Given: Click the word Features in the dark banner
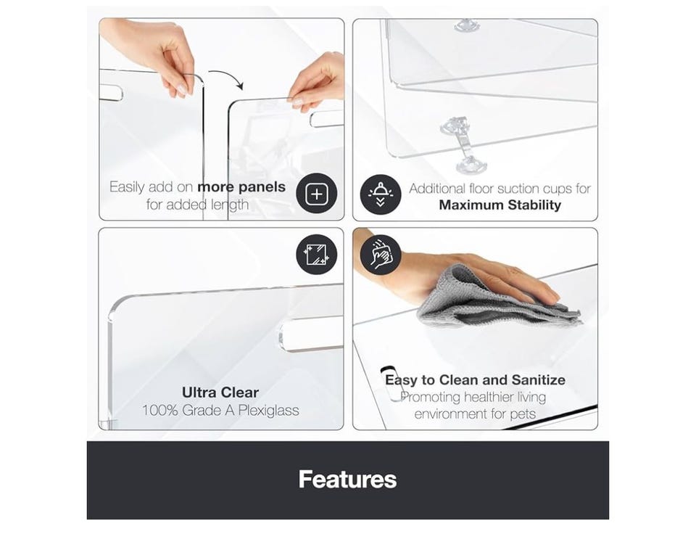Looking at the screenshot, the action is [347, 480].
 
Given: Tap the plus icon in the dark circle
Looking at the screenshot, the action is [317, 194].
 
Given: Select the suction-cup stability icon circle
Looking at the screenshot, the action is [381, 194].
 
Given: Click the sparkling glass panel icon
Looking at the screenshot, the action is [317, 255].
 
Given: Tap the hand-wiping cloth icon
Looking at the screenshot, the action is [381, 255].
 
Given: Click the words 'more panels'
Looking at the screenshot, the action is [241, 187].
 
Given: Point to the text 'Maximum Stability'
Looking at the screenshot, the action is [500, 205].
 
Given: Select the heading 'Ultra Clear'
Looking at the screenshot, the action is [220, 392].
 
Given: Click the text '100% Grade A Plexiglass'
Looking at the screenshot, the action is [220, 410].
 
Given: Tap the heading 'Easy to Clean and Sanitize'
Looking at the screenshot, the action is [475, 380].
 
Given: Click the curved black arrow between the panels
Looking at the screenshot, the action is [226, 79].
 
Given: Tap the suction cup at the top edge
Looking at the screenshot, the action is [466, 25].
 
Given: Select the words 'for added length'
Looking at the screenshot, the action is [197, 205].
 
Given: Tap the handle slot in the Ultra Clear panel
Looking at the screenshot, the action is [311, 334].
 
